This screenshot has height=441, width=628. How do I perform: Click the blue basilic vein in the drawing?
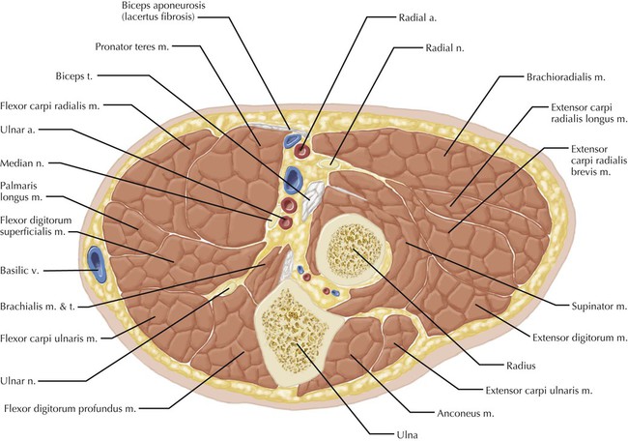pos(96,259)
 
